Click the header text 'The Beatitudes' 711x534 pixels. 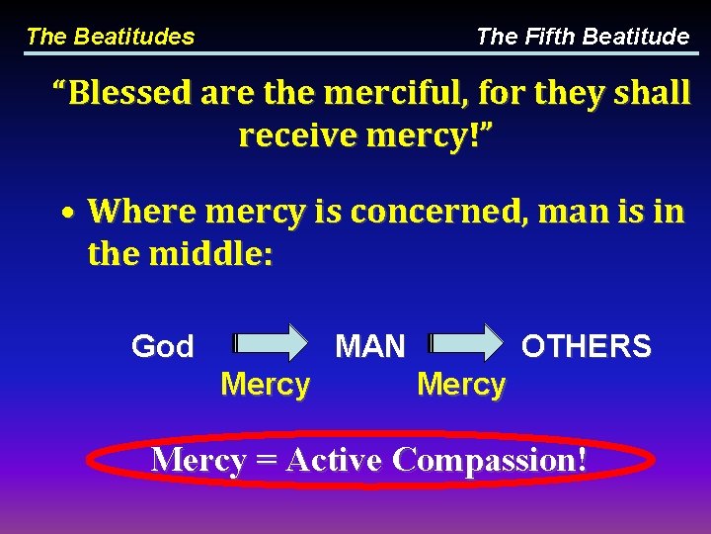[110, 38]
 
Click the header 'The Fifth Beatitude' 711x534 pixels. [583, 38]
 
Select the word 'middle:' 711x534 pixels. [210, 254]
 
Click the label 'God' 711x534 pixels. [163, 347]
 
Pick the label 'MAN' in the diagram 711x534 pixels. [370, 346]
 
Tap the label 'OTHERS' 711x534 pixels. [586, 346]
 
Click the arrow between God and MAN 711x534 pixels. [271, 343]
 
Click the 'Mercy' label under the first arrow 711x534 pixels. [266, 384]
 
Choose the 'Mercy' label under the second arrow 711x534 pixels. [461, 384]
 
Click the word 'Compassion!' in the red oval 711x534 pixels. [489, 460]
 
